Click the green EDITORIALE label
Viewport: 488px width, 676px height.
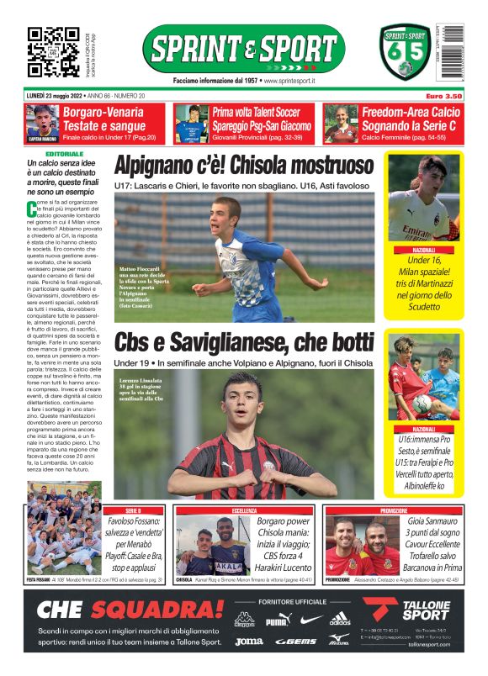65,155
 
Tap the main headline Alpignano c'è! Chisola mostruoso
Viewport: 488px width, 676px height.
244,163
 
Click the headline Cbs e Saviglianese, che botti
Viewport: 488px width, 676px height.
244,343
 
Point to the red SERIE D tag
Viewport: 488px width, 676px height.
132,510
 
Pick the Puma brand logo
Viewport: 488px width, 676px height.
277,621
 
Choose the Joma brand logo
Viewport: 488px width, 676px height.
249,641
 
